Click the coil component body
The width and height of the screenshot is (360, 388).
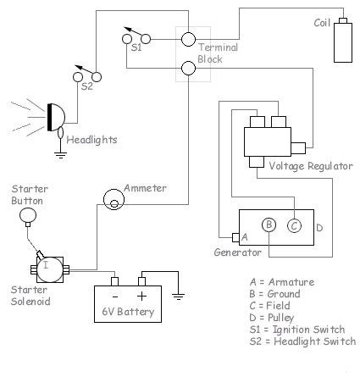(x=343, y=42)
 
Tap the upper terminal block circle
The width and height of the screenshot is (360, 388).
(x=188, y=39)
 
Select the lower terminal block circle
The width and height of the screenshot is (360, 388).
(x=188, y=68)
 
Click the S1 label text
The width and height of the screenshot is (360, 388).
(x=136, y=47)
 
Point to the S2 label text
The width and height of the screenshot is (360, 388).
(x=87, y=86)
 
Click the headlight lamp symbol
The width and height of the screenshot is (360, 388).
(x=56, y=117)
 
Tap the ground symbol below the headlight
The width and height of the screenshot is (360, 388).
(x=61, y=156)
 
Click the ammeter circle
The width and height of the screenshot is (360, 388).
(x=114, y=199)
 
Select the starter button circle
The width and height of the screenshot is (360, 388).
(x=28, y=215)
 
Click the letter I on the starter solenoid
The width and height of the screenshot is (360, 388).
(x=46, y=264)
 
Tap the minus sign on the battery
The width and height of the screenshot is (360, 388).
(x=115, y=297)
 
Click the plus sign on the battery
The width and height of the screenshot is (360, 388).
(x=141, y=296)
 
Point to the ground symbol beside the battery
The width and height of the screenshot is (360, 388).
(x=178, y=297)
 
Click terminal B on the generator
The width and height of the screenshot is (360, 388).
(x=269, y=225)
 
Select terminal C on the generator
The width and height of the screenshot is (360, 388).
(x=294, y=226)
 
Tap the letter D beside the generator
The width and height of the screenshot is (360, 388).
(x=319, y=228)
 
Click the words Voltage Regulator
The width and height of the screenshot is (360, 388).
(x=311, y=166)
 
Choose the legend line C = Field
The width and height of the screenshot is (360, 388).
(x=269, y=306)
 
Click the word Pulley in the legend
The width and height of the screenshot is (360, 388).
(x=281, y=318)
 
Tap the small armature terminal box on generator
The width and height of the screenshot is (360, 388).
(x=235, y=237)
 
